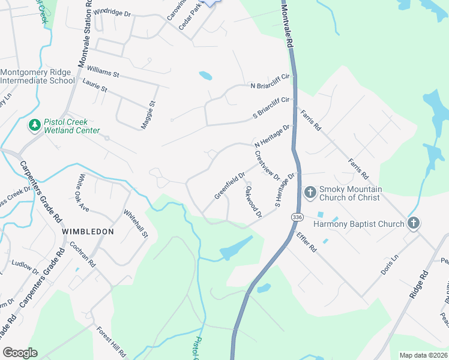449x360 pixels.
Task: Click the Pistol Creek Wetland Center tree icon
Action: click(35, 125)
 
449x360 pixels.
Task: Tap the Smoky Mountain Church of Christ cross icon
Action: click(310, 193)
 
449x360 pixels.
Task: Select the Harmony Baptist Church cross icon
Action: click(413, 223)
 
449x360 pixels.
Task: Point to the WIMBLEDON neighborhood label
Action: click(88, 230)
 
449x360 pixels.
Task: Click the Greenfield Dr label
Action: click(230, 186)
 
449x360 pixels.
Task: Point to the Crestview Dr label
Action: click(267, 165)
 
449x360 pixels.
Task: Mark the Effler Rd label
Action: click(306, 242)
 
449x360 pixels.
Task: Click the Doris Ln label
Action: click(390, 265)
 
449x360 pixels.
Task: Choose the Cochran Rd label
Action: click(82, 255)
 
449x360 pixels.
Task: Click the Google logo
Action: click(20, 353)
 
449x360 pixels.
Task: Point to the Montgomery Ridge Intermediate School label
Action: click(37, 76)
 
